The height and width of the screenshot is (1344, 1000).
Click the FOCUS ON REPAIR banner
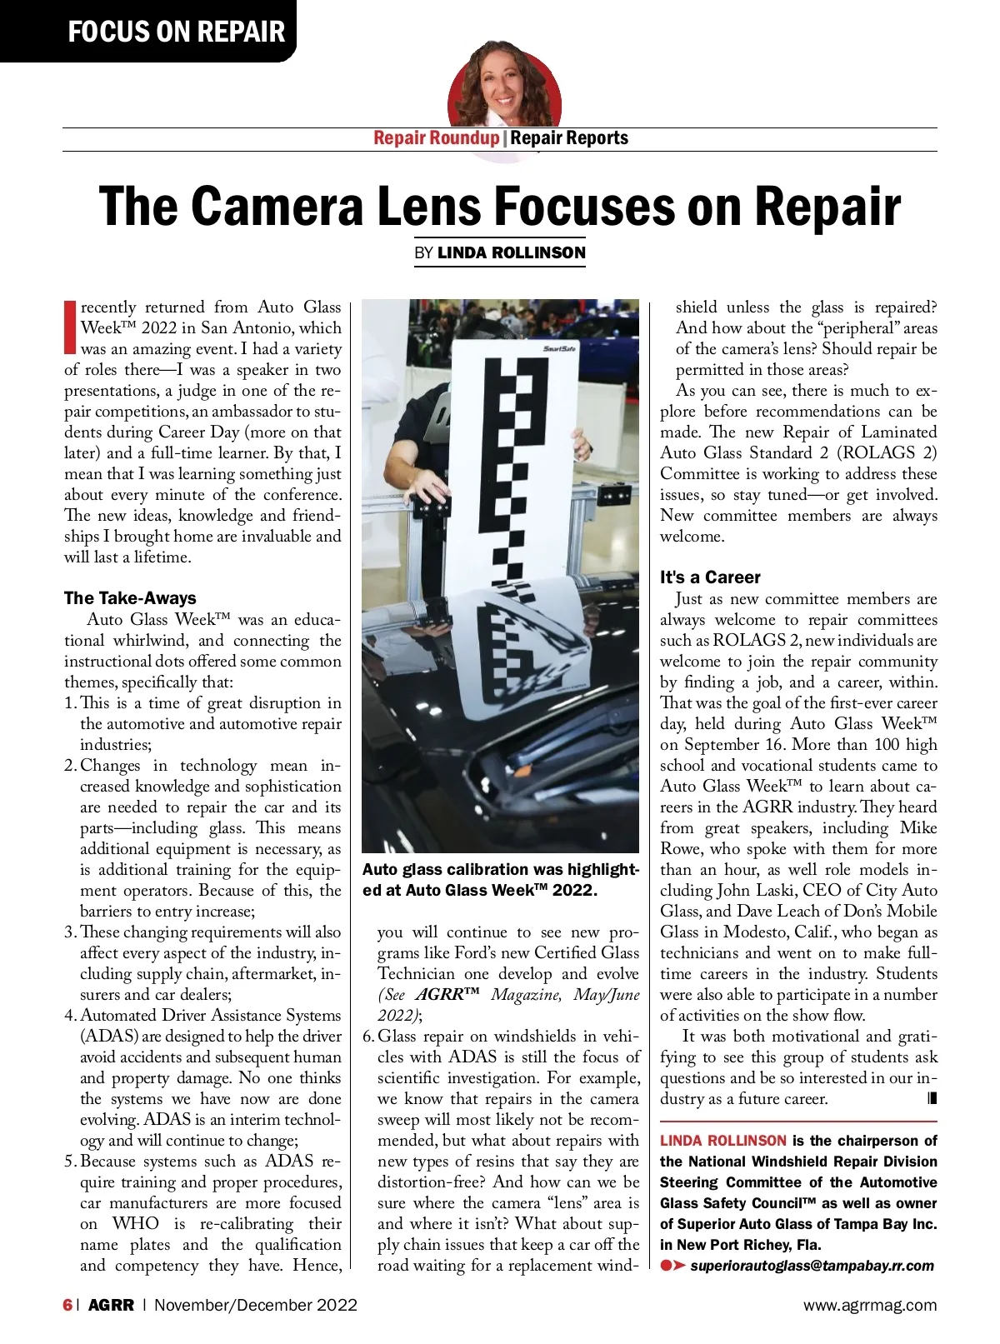click(x=176, y=32)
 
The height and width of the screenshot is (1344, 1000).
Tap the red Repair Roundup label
click(x=436, y=138)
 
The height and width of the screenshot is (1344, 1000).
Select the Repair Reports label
click(x=569, y=138)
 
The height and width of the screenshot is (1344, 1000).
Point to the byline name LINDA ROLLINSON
click(x=511, y=252)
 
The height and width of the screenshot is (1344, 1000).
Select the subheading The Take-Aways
click(x=130, y=597)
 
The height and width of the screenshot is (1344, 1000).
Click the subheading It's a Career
click(x=710, y=577)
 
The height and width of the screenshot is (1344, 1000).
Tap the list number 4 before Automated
click(x=69, y=1015)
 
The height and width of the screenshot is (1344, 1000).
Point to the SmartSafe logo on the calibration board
click(x=559, y=348)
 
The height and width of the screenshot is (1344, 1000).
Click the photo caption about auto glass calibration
click(x=500, y=880)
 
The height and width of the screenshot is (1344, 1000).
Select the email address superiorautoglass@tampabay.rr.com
click(x=812, y=1266)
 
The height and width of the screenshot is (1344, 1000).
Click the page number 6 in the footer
click(x=67, y=1305)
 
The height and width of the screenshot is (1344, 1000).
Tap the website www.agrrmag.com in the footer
click(x=869, y=1305)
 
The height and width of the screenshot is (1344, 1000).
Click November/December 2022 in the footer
click(x=255, y=1305)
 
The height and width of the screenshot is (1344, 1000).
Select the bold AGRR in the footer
click(x=111, y=1305)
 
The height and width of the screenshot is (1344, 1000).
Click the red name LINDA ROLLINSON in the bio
click(x=722, y=1141)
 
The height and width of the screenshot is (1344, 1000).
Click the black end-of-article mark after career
click(x=932, y=1098)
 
